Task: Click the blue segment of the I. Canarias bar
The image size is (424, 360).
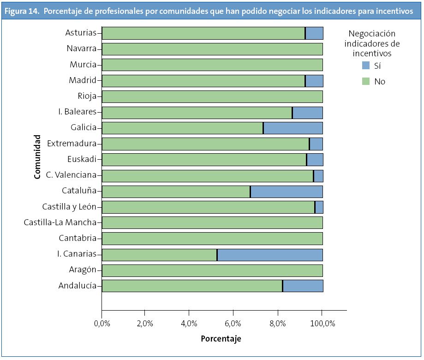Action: (x=270, y=255)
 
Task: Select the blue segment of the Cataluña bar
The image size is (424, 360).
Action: (x=287, y=192)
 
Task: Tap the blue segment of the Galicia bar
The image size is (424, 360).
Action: (x=293, y=128)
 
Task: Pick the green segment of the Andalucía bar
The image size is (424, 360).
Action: (x=192, y=286)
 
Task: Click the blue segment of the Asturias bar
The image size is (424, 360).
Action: (x=314, y=33)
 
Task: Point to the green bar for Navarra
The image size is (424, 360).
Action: (x=212, y=49)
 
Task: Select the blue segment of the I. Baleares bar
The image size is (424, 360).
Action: (x=308, y=113)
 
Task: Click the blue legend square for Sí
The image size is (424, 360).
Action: (x=366, y=66)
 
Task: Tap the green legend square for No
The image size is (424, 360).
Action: (x=366, y=81)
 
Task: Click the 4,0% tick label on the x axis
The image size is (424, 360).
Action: (x=189, y=324)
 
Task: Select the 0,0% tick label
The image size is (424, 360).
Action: (x=102, y=324)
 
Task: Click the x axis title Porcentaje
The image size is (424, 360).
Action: (x=221, y=339)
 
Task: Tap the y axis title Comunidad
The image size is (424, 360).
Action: (x=38, y=157)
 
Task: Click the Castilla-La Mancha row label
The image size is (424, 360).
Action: (x=60, y=223)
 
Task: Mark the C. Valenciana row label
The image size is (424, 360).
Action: (x=71, y=175)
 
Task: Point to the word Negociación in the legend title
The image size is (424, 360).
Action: (x=372, y=34)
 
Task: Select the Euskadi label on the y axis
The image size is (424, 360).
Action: (x=82, y=160)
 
